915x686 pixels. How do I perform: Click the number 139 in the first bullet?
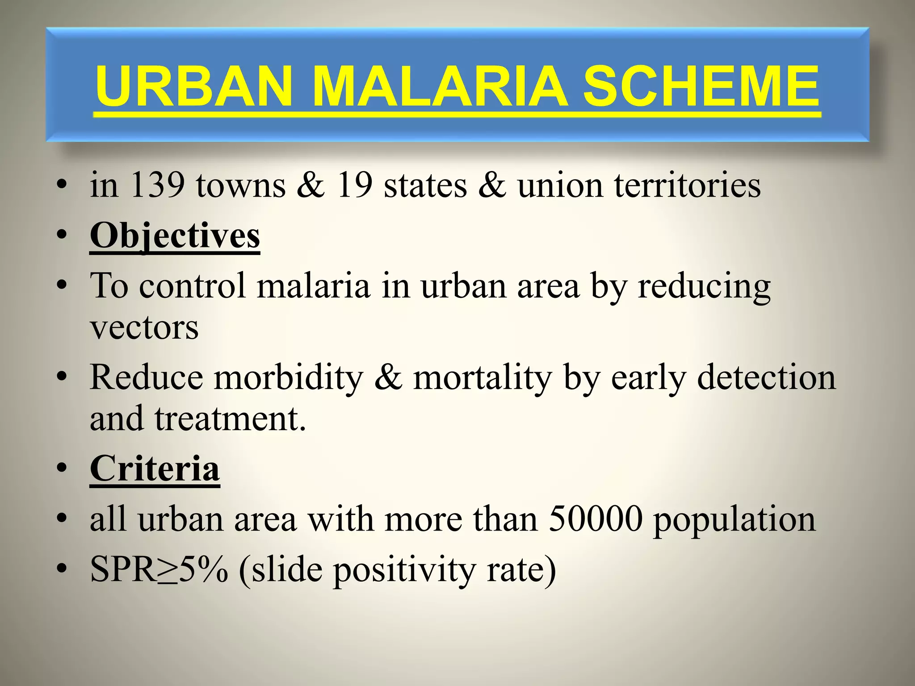point(157,185)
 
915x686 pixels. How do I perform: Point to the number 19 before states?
point(355,185)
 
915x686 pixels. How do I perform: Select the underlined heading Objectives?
point(175,236)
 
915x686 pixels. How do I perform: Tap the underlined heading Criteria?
point(155,469)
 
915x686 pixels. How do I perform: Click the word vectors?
point(144,328)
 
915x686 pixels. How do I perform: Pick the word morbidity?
point(289,378)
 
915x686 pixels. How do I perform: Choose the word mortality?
point(483,378)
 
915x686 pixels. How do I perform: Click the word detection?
point(766,378)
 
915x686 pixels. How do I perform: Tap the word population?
point(735,521)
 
